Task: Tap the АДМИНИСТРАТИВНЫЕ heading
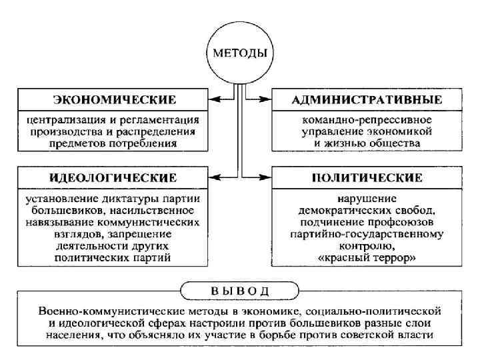367,100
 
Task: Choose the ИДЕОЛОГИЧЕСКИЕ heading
113,177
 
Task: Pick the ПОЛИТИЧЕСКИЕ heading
367,177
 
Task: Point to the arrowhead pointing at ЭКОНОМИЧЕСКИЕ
214,100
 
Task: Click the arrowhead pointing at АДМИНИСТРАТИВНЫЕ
267,100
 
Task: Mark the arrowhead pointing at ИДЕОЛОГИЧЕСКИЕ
214,177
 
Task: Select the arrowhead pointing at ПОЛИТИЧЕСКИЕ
267,177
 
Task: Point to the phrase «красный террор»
367,257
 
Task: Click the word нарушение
367,199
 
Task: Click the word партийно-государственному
367,234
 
